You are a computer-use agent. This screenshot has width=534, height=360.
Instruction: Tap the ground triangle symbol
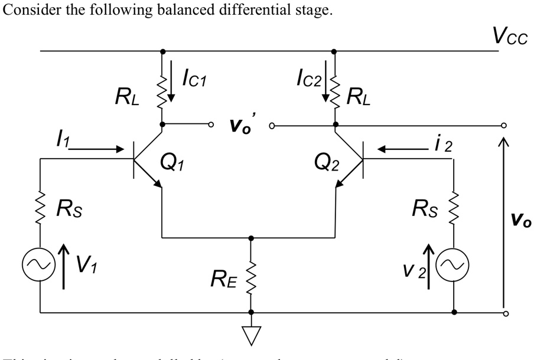coord(251,335)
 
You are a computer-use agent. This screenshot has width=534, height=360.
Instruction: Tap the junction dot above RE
coord(251,238)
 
